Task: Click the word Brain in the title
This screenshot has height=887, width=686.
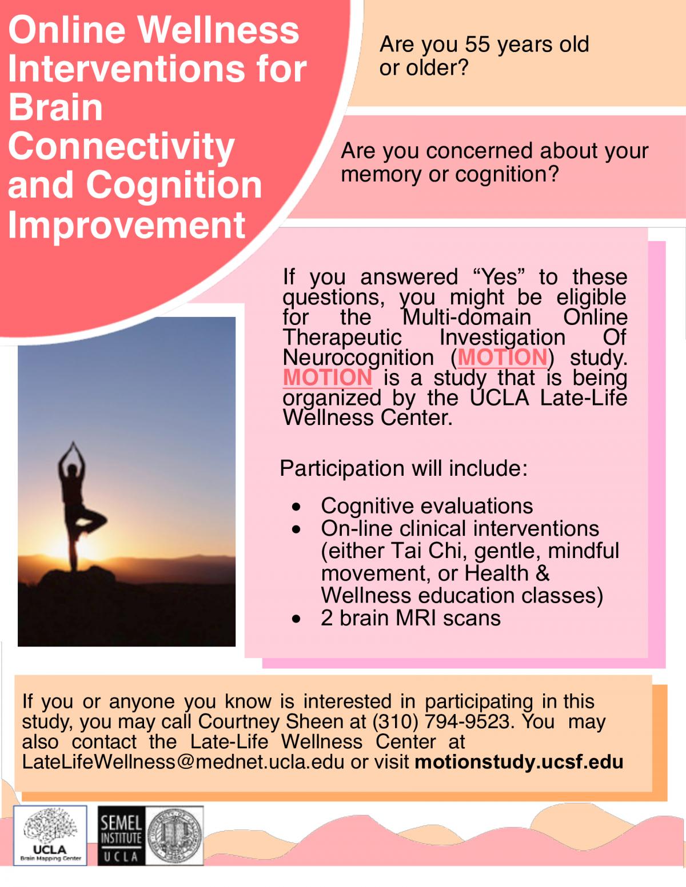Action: coord(55,108)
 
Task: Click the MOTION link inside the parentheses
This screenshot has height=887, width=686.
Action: coord(502,357)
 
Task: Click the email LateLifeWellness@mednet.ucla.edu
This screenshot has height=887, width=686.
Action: coord(183,762)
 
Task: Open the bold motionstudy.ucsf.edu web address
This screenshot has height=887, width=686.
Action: coord(519,762)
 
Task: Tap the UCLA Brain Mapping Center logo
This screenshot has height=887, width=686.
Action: coord(50,836)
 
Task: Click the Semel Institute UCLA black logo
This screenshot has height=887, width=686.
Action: coord(121,836)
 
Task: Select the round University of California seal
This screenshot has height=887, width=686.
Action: coord(174,836)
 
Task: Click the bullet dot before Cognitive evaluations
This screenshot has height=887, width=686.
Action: coord(296,507)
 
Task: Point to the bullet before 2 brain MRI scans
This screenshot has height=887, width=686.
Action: coord(296,619)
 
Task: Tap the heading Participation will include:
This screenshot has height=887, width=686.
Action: coord(404,468)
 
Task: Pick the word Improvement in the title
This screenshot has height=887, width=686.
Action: coord(127,226)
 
